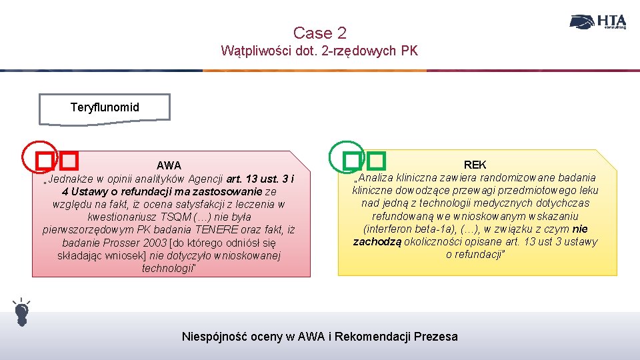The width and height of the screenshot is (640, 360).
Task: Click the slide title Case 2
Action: tap(319, 33)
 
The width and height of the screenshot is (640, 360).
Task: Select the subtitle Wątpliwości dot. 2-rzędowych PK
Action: tap(319, 51)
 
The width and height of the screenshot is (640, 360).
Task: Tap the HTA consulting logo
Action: tap(598, 21)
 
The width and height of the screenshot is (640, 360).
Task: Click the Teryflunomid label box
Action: tap(105, 107)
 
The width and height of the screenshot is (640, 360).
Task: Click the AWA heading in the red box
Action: tap(169, 165)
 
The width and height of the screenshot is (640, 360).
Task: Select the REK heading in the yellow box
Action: tap(475, 164)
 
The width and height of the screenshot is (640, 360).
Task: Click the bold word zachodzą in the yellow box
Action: tap(377, 241)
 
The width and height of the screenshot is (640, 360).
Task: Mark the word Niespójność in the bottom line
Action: tap(214, 336)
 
